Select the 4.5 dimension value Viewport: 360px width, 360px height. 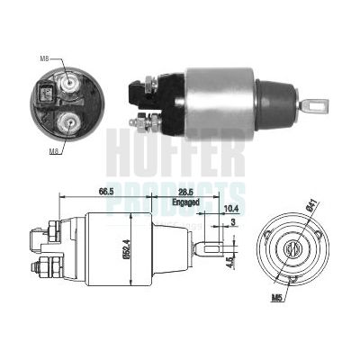point(229,263)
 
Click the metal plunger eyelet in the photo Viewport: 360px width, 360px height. point(315,106)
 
